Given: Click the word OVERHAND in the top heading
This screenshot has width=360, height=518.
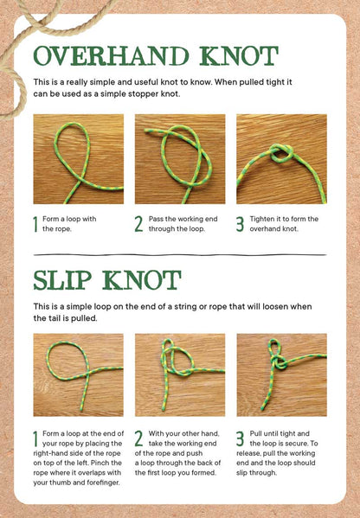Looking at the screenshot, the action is (111, 56).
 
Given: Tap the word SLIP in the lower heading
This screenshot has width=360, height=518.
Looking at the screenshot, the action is (63, 280).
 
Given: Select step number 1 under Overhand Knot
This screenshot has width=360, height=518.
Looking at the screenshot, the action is (35, 224).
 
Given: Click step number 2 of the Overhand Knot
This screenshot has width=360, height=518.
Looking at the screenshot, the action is (138, 224).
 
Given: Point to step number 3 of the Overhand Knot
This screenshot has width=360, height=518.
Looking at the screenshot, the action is (240, 224).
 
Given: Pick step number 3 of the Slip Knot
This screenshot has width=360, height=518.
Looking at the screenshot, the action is (240, 438).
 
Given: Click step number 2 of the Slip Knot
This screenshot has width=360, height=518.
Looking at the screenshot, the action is (138, 438).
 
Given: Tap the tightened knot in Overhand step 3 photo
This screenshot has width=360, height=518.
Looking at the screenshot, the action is (281, 153).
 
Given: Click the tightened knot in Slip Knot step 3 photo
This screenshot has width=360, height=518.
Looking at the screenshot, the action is (280, 362).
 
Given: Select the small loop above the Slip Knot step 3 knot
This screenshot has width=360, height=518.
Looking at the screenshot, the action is (275, 348).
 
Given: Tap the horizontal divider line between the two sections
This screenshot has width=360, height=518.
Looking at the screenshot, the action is (180, 255).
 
